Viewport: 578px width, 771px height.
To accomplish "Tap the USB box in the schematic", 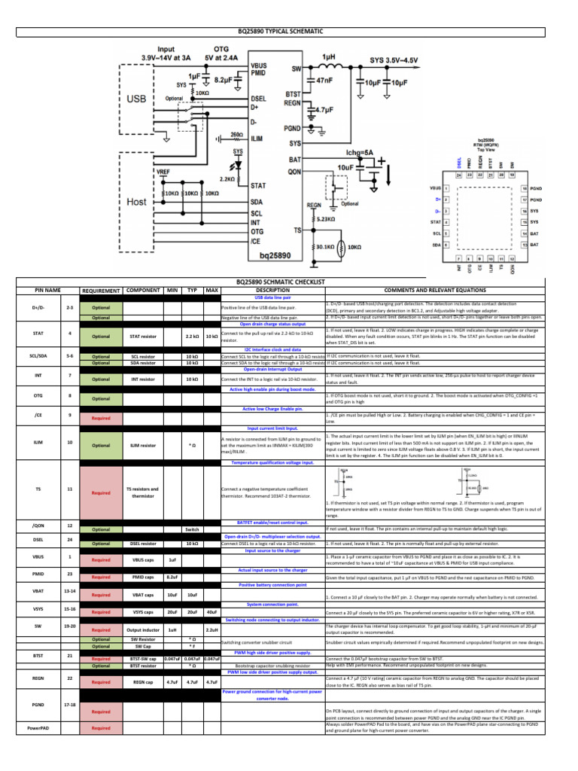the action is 136,99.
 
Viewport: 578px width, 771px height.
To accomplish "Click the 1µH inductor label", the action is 328,57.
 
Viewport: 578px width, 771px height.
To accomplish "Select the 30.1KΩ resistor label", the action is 325,246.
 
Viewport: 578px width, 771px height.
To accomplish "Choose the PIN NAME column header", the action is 47,290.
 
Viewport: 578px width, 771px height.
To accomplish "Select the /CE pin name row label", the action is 38,414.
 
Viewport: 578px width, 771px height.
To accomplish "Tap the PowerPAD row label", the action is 38,728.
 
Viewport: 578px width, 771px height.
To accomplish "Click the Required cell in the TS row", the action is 101,493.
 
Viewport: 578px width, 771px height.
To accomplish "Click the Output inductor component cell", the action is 143,629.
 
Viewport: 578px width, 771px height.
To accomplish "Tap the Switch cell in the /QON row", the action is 192,529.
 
